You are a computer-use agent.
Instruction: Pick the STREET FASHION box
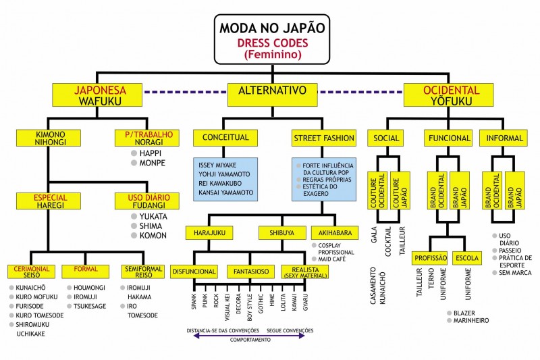point(324,138)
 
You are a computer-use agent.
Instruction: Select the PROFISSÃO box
point(431,259)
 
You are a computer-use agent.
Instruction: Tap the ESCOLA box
point(467,259)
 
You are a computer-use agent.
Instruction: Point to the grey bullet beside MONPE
point(134,163)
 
